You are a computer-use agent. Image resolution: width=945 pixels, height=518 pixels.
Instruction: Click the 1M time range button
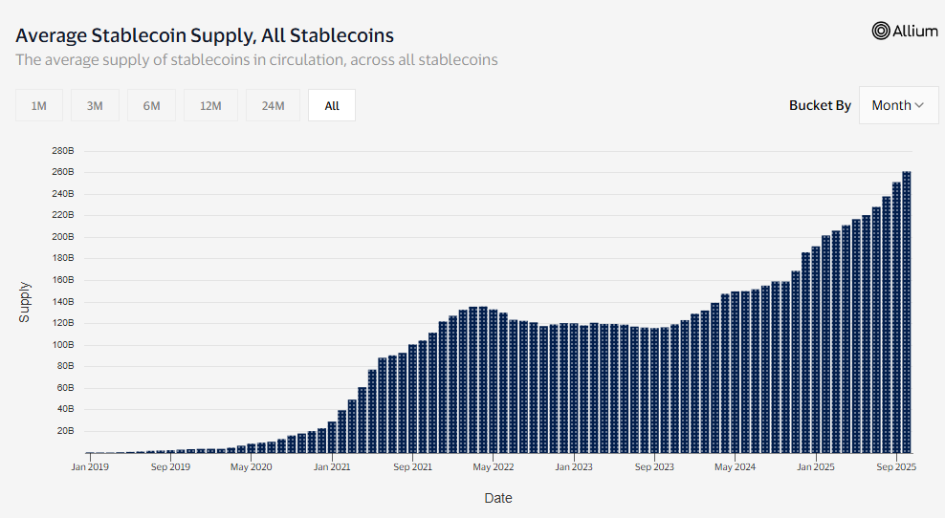39,106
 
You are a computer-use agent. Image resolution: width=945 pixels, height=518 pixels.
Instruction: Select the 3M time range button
95,106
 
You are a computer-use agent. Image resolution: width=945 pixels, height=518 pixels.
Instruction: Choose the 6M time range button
152,106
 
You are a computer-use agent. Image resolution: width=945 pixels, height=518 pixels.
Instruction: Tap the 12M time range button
211,106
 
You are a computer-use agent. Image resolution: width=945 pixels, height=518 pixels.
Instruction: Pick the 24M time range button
273,106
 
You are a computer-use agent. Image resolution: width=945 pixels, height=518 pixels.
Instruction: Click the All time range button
332,106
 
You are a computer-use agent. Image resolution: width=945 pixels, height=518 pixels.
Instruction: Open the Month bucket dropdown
897,105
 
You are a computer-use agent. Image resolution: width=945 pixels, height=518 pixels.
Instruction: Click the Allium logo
905,31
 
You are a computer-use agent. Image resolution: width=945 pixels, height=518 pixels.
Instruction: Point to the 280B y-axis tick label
62,151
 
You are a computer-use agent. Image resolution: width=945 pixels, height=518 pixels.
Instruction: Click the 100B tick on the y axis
62,345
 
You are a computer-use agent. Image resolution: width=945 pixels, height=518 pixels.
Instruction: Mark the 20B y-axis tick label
64,431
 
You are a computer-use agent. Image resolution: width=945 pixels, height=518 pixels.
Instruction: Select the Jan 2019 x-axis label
91,467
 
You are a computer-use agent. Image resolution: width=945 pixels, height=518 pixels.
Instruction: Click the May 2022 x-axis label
494,467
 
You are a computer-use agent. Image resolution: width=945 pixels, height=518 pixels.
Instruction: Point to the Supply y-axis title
25,301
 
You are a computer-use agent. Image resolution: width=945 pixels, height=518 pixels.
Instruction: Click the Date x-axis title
497,498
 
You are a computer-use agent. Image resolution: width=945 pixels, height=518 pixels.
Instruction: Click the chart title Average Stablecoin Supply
205,35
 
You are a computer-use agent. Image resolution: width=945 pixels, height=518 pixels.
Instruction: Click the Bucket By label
820,105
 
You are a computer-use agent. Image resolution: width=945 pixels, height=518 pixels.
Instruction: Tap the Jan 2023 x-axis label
574,467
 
